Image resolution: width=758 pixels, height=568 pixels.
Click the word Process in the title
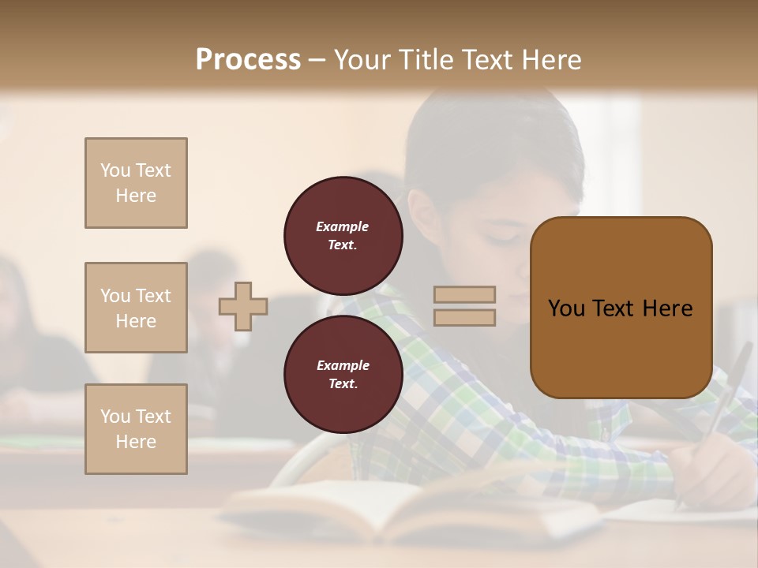(x=248, y=59)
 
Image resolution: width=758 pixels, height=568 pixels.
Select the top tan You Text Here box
(x=136, y=183)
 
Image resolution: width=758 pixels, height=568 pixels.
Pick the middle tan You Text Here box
(x=136, y=308)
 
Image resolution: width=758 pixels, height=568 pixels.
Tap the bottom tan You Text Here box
(x=136, y=429)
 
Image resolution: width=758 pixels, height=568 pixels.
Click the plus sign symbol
(x=243, y=306)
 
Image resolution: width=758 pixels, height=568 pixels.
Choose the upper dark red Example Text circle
(x=343, y=235)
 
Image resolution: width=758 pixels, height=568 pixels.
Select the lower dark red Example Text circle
(x=343, y=374)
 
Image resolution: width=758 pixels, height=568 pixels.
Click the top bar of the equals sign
(x=464, y=294)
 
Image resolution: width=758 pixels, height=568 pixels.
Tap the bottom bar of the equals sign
(x=464, y=317)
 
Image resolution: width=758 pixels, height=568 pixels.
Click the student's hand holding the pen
(x=711, y=473)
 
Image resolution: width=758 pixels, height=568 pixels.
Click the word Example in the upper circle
(x=343, y=226)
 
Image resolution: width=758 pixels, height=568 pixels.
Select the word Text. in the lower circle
(x=343, y=384)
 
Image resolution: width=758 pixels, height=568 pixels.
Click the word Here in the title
(x=551, y=59)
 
